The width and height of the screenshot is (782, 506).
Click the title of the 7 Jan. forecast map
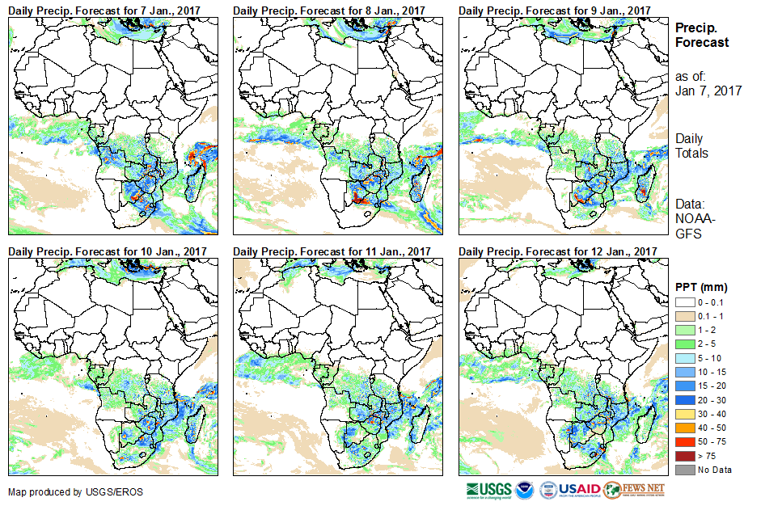click(x=107, y=10)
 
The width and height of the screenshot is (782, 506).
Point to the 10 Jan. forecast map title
click(x=107, y=251)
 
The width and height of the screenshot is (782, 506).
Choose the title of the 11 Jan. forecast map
click(x=332, y=251)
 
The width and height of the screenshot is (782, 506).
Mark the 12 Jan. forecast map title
click(x=557, y=251)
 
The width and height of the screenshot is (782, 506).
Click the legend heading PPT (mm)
click(x=701, y=287)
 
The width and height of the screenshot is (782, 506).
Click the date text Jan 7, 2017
click(x=708, y=91)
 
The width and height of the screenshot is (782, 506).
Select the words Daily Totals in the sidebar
click(x=691, y=145)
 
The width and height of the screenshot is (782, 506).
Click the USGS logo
click(x=488, y=490)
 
